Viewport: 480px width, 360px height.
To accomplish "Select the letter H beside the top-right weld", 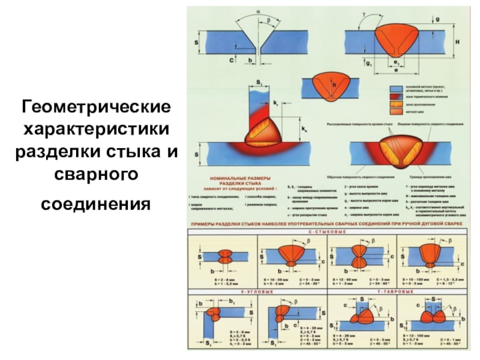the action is (457, 42).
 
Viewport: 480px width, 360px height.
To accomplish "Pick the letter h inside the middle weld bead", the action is (335, 86).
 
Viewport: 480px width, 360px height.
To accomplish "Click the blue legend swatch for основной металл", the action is (395, 87).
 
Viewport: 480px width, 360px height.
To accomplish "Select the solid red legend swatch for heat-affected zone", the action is (395, 95).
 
